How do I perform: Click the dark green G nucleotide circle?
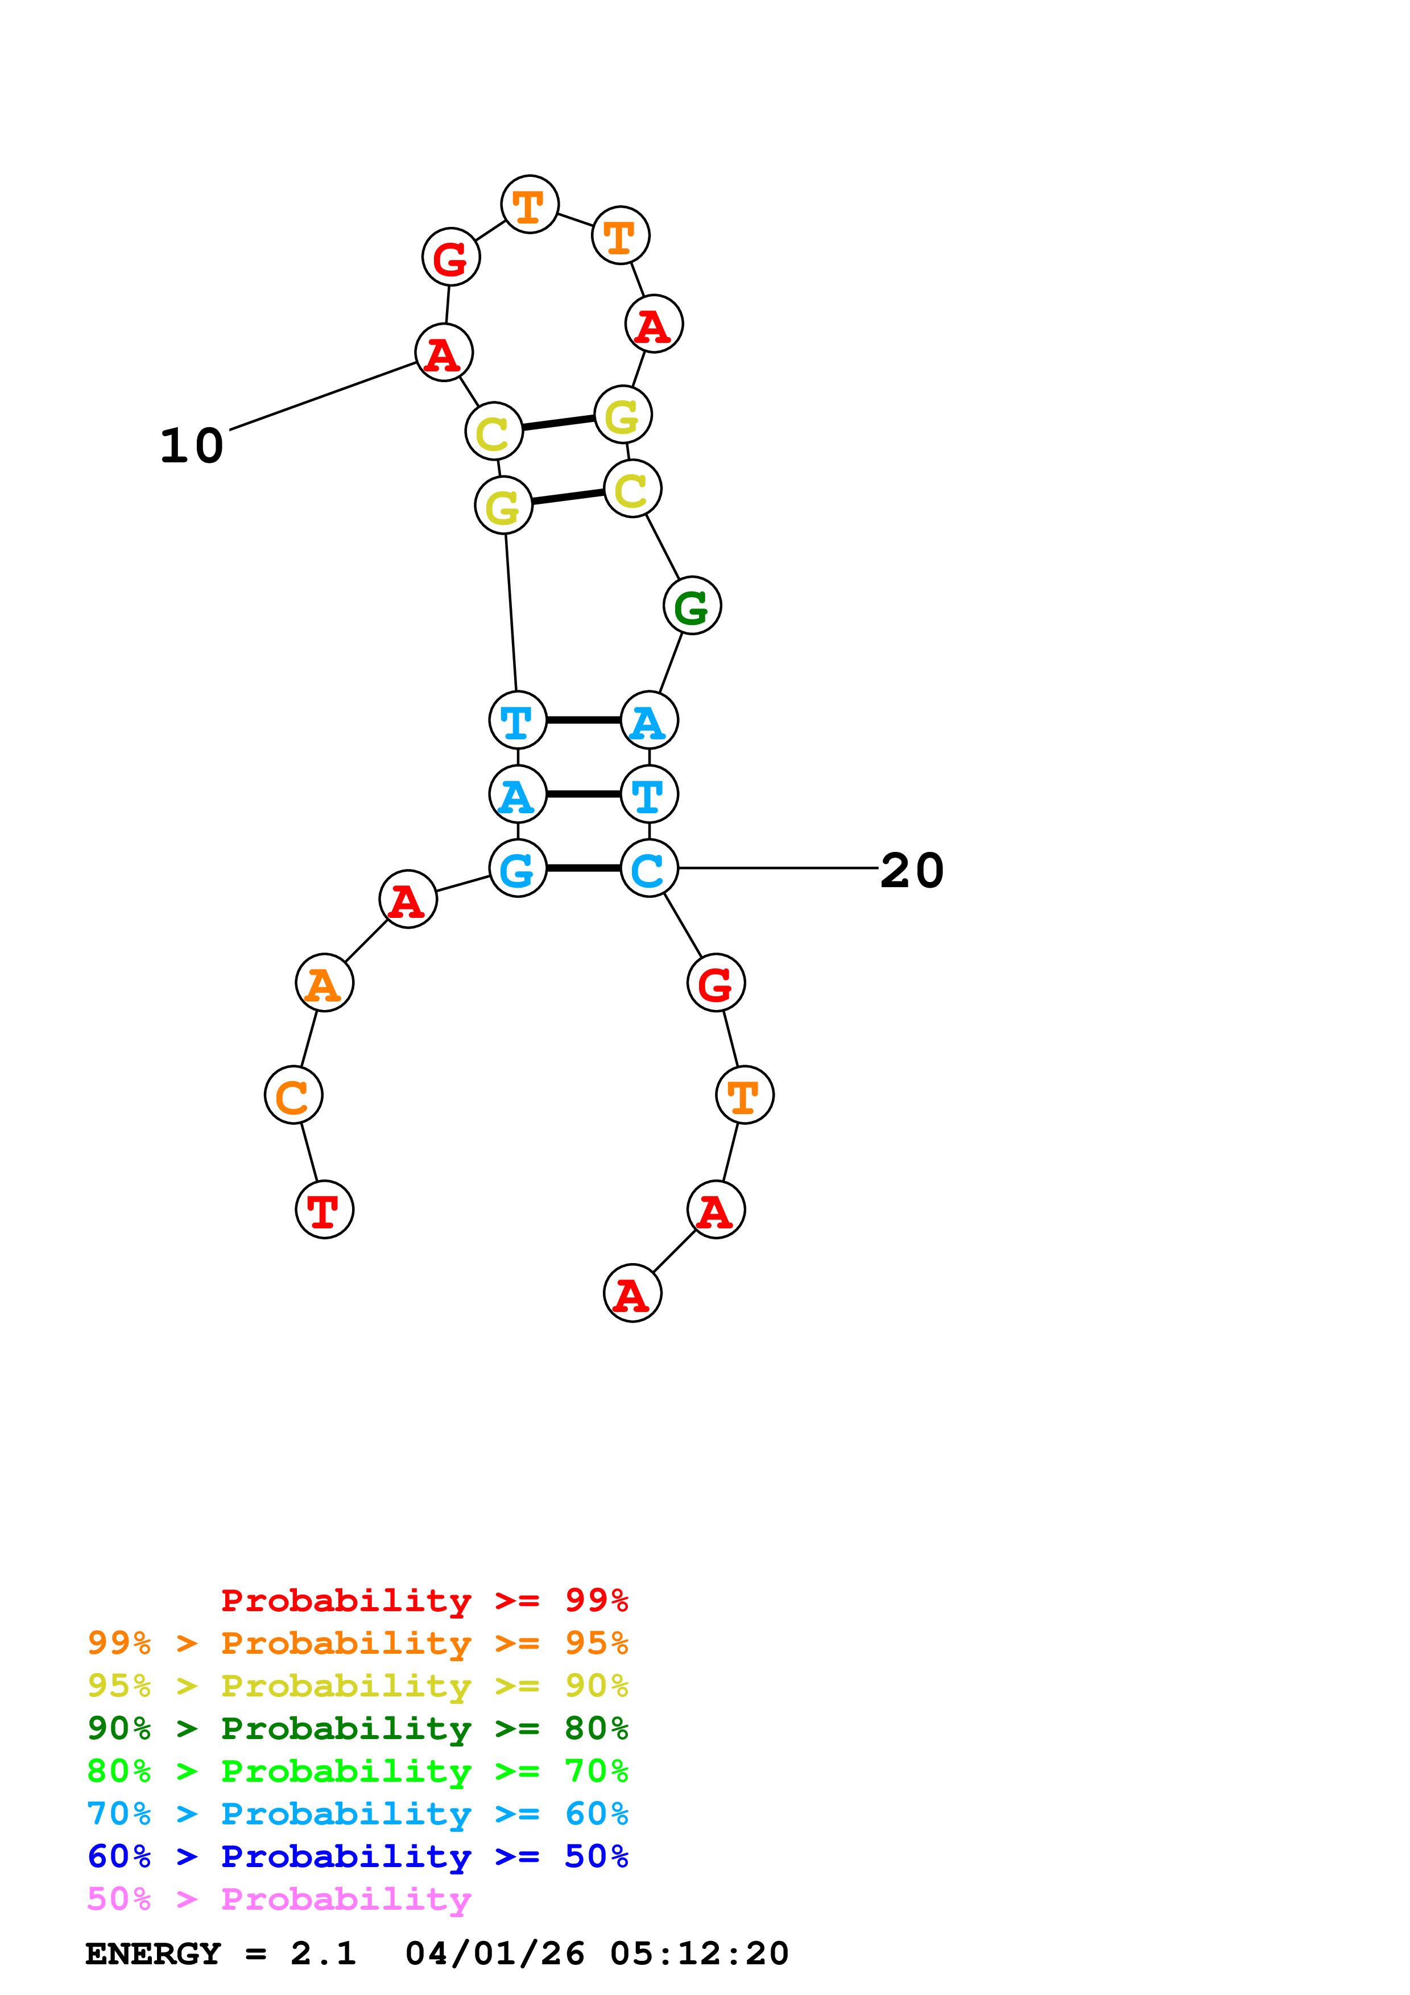692,606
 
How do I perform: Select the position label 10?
192,446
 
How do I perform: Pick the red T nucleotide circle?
324,1210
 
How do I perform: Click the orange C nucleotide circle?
293,1095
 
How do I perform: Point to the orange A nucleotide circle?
324,983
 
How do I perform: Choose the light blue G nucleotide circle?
518,868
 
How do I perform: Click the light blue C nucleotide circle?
649,868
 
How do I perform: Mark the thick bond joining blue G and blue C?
584,868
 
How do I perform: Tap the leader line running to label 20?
778,868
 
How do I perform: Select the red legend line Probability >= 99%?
424,1600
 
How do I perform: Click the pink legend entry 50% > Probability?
279,1898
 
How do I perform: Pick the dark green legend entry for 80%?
358,1728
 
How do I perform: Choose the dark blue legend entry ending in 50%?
358,1856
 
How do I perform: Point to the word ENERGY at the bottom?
153,1953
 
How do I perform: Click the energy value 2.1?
323,1953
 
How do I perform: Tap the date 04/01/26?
494,1953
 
